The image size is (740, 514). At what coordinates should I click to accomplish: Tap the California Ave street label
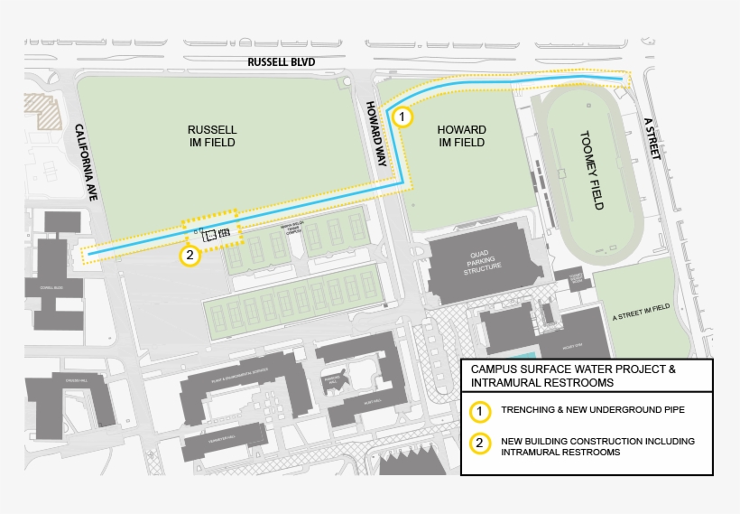pos(86,162)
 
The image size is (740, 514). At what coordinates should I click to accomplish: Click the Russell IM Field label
pos(212,136)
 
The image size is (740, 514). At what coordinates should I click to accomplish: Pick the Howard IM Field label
pos(461,136)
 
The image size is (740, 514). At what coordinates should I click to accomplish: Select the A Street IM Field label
pos(641,308)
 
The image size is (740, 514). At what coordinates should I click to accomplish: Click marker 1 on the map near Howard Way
pos(402,117)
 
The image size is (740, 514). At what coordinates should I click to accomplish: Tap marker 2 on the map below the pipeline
pos(190,256)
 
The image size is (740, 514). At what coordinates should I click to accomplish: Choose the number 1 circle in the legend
pos(482,411)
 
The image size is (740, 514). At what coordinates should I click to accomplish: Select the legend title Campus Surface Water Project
pos(573,369)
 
